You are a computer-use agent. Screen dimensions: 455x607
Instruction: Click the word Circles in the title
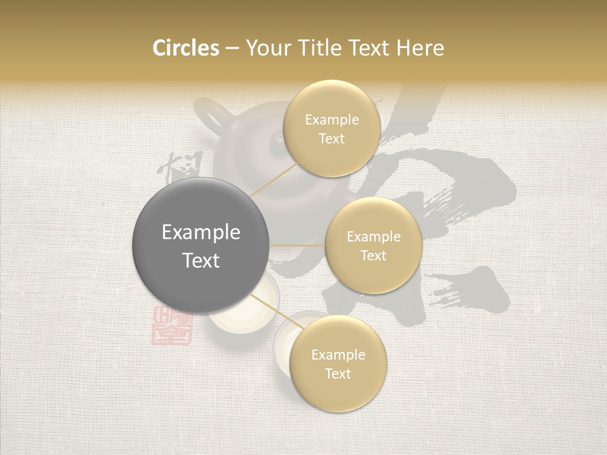[x=186, y=48]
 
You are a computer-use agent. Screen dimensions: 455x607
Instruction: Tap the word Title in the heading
[x=323, y=48]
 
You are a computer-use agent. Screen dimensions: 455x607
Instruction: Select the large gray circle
[x=200, y=245]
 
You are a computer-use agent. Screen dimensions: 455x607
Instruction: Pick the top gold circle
[x=331, y=129]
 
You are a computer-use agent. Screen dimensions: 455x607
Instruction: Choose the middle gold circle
[x=373, y=245]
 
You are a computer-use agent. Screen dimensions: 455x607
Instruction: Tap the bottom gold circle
[x=338, y=364]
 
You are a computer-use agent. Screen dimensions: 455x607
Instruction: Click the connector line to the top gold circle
[x=274, y=179]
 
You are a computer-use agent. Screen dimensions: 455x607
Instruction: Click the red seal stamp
[x=171, y=325]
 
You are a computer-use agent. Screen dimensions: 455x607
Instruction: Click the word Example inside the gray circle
[x=200, y=233]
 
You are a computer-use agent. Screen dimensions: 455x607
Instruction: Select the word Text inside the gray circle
[x=200, y=260]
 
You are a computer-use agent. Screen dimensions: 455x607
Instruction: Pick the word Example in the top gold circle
[x=331, y=120]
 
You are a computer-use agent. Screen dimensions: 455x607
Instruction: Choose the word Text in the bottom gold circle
[x=338, y=373]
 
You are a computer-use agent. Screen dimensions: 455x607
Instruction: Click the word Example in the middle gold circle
[x=373, y=237]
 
